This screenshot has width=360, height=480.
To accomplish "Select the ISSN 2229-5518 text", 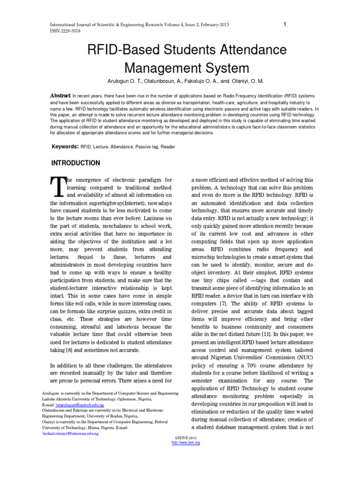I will (66, 31).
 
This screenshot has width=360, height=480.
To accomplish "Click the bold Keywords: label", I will (65, 147).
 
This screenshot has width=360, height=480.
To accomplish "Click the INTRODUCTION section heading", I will (75, 163).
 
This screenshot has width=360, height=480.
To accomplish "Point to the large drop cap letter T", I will (57, 187).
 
